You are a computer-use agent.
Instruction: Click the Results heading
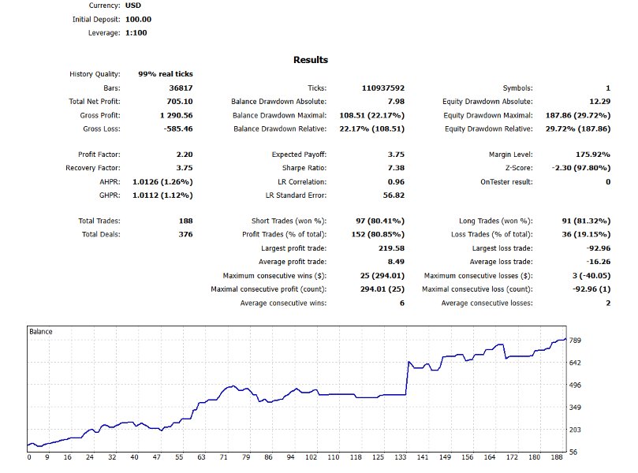[311, 60]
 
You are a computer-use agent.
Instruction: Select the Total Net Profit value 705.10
[180, 101]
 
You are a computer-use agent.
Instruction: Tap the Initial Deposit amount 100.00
[138, 19]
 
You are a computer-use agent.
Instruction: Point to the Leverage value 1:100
[136, 33]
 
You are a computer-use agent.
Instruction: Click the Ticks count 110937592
[383, 88]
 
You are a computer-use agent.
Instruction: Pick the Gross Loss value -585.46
[178, 128]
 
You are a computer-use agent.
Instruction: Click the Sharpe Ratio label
[304, 168]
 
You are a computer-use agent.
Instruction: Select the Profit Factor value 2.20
[185, 155]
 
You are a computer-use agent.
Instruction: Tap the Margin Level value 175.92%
[593, 155]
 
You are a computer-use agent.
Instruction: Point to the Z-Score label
[519, 168]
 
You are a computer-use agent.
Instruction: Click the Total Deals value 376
[185, 234]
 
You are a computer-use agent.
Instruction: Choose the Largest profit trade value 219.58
[391, 248]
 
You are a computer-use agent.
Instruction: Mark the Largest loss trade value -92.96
[598, 248]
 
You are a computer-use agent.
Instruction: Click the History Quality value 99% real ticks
[166, 74]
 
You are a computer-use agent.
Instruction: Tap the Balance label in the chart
[41, 331]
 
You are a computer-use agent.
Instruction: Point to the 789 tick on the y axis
[575, 341]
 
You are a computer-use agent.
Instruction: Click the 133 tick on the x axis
[401, 457]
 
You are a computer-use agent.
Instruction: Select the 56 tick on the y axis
[573, 452]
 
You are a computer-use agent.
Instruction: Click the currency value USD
[133, 6]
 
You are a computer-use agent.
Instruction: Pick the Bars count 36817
[181, 88]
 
